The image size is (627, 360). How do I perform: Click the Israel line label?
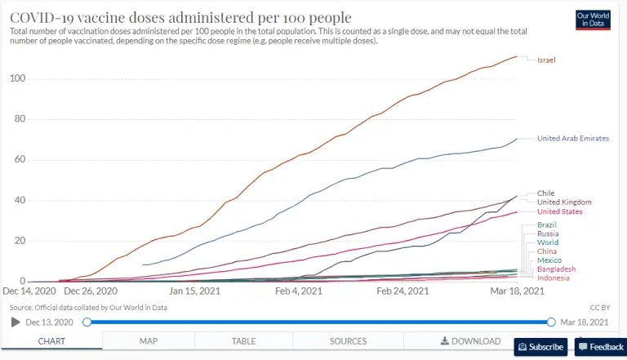547,60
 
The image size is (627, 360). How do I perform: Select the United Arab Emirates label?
572,139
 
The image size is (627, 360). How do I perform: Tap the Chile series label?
545,193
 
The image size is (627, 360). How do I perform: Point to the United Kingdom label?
564,202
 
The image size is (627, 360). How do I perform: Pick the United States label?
559,212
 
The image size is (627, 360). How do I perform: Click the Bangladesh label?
557,269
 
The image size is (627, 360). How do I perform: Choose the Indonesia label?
554,278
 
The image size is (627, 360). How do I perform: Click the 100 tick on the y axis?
17,78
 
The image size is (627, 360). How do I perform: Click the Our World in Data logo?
594,20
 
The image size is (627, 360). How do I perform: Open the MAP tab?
149,341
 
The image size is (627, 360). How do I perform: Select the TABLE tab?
243,341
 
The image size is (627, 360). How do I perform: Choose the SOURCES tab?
348,341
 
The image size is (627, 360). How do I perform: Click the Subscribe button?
540,347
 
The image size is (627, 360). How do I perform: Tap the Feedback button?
602,347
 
